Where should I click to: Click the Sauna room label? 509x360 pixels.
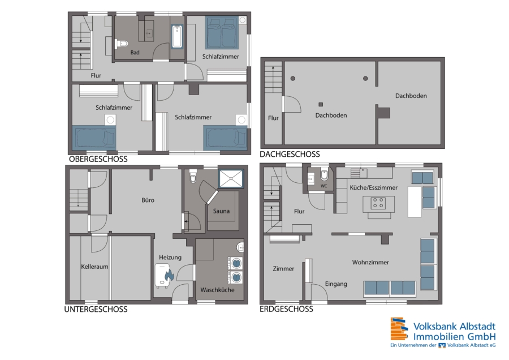[221, 211]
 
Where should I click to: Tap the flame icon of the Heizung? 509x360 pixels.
[169, 276]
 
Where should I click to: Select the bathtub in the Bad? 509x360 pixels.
[177, 36]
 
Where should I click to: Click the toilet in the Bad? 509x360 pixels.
[122, 43]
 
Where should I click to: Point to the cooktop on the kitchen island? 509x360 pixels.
[378, 203]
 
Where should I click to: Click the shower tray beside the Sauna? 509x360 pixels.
[231, 179]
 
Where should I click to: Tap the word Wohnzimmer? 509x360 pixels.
[370, 262]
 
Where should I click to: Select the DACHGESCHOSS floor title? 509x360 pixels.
[290, 154]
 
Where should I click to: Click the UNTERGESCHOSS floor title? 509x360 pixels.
[96, 309]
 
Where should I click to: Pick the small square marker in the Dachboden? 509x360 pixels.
[321, 104]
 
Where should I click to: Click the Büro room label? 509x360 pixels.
[148, 200]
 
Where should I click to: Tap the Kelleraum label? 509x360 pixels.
[94, 267]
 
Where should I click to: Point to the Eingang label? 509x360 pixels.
[336, 284]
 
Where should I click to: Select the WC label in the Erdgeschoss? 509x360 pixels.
[323, 186]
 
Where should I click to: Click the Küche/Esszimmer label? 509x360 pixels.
[374, 187]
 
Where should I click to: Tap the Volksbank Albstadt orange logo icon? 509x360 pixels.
[399, 328]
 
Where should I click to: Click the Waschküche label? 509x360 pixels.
[217, 290]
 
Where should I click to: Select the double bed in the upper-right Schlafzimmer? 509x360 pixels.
[222, 32]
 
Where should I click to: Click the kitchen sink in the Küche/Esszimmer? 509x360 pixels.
[359, 173]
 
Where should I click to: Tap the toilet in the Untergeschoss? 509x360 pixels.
[193, 176]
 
